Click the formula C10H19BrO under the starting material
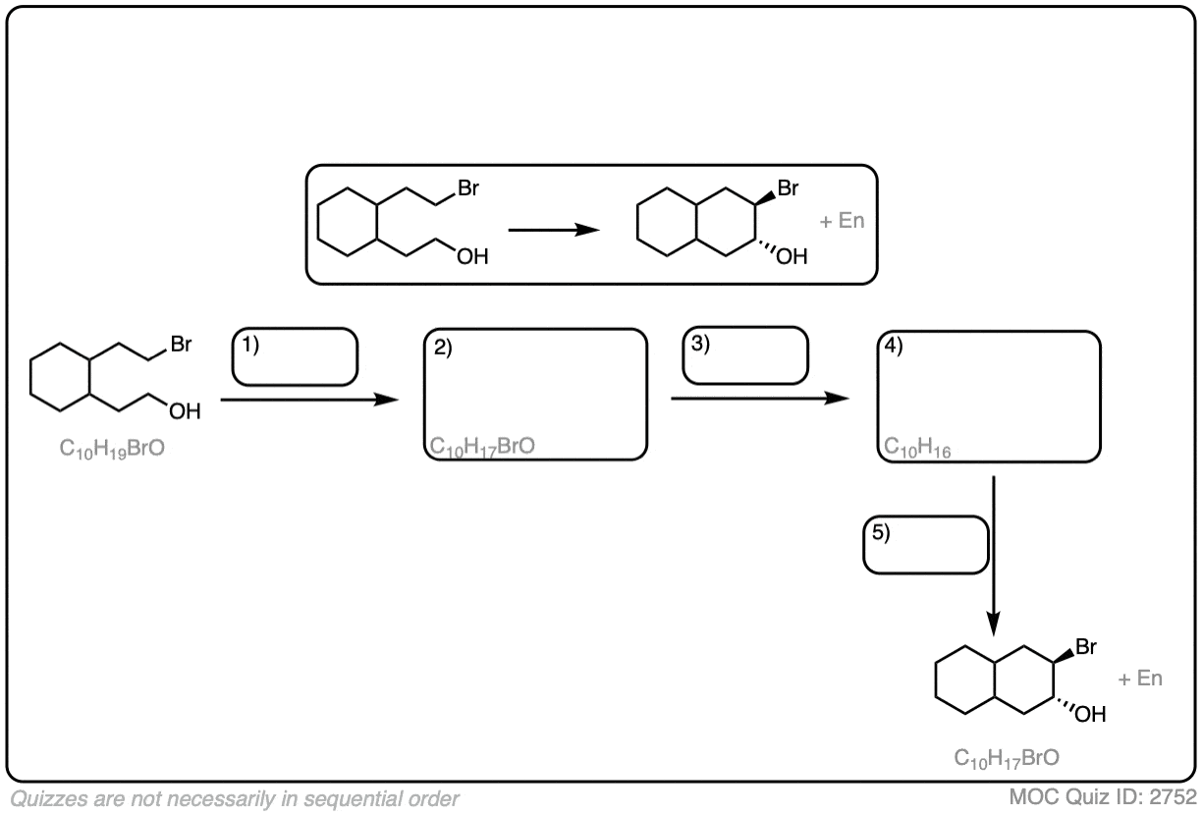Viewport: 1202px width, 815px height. [112, 449]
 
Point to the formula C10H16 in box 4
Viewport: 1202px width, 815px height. [917, 447]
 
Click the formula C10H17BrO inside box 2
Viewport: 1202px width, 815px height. [482, 447]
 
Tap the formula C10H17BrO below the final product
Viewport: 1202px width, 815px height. [1007, 759]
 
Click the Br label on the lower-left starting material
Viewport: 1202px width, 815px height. [181, 344]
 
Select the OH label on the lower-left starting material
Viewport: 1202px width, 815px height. [185, 411]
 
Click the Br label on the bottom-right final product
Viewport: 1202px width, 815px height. [1086, 646]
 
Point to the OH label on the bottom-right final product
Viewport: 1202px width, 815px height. [1090, 714]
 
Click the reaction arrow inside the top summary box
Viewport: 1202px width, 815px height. [554, 230]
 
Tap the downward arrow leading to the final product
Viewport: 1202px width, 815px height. [993, 556]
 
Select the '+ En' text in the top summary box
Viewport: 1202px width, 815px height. [842, 221]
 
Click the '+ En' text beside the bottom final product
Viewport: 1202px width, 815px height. [1140, 679]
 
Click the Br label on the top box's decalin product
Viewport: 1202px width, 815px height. [788, 189]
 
